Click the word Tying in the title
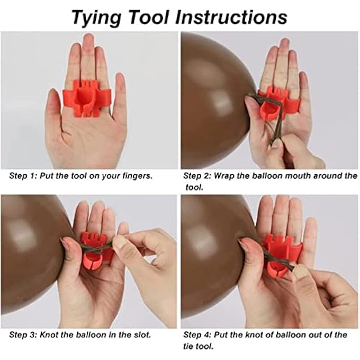[x=96, y=18]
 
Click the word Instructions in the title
[x=231, y=17]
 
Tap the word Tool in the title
[x=149, y=17]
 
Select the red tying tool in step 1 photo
[x=86, y=98]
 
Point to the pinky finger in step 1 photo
[x=120, y=92]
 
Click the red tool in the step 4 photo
[x=281, y=255]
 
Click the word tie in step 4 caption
[x=187, y=346]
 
